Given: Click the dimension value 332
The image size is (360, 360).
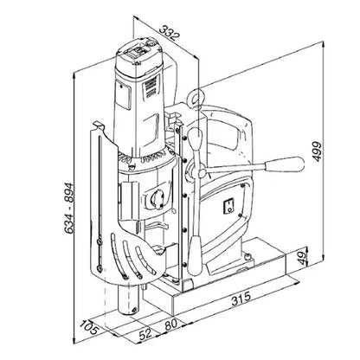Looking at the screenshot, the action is tap(170, 33).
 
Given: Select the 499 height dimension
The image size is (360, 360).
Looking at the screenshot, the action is tap(317, 151).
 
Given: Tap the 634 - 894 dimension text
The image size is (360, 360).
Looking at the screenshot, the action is tap(68, 208).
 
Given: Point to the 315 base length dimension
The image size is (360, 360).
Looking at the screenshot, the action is tap(241, 299).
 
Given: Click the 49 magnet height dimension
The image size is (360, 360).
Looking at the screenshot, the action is tap(302, 258).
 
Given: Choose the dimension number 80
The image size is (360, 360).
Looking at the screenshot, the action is tap(170, 324).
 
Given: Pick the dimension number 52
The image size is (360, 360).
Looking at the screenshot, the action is tap(145, 334).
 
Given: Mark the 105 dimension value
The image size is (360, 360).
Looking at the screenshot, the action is tap(89, 327).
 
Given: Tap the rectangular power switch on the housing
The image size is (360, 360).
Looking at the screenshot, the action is tap(228, 207).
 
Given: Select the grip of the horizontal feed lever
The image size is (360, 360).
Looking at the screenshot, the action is tap(285, 164).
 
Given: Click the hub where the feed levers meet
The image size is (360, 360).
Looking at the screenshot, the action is tap(202, 173).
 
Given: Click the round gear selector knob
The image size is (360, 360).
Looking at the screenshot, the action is tap(155, 199).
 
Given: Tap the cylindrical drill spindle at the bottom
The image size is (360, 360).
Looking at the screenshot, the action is tap(130, 300).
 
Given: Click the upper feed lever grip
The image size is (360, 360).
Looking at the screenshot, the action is tap(195, 139).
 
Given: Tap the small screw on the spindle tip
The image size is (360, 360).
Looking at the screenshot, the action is tap(134, 310).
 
